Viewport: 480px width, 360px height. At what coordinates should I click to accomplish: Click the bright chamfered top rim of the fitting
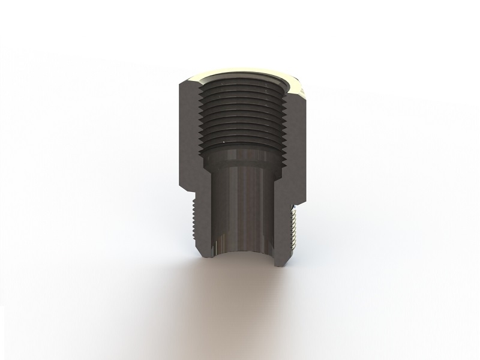(x=240, y=76)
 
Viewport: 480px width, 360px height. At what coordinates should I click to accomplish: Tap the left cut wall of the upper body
(x=188, y=132)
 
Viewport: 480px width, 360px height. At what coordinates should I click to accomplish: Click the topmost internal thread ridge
(x=240, y=90)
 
